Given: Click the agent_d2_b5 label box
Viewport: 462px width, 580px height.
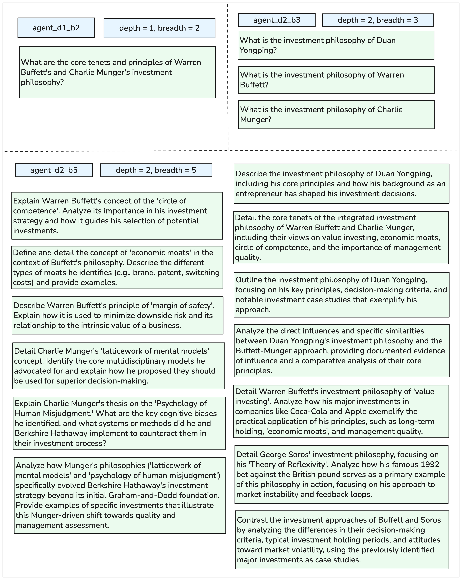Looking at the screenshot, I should pos(54,170).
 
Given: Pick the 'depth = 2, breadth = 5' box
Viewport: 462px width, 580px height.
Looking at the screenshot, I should pos(156,170).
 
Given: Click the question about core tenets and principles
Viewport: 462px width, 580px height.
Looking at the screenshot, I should pos(117,72).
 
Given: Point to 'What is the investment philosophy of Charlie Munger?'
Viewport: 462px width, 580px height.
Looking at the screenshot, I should pos(336,114).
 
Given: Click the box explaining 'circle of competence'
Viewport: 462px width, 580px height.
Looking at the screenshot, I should pos(117,215).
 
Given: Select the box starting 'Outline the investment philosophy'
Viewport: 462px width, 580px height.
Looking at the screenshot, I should pos(341,295).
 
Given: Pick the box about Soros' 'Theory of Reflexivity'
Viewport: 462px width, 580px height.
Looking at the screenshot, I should pos(341,474).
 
